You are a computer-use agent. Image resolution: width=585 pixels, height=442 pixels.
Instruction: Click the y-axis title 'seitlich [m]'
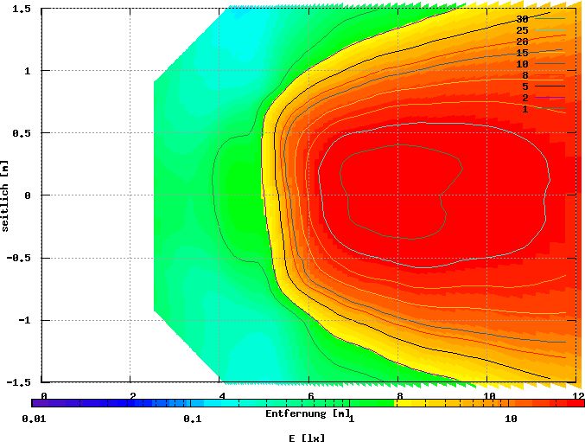click(x=6, y=195)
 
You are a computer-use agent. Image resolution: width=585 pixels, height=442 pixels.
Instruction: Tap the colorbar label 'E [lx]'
click(x=307, y=438)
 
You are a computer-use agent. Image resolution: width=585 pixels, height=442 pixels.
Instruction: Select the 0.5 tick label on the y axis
click(x=22, y=133)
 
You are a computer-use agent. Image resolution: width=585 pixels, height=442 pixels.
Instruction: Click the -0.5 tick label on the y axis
click(x=20, y=258)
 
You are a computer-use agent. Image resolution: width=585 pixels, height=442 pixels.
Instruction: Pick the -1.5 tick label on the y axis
click(x=20, y=381)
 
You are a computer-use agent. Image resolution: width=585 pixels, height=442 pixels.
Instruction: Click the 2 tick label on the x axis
click(x=132, y=396)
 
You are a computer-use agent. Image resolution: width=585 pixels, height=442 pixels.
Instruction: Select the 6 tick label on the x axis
click(x=310, y=396)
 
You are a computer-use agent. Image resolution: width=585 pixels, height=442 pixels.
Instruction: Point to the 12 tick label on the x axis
click(x=573, y=396)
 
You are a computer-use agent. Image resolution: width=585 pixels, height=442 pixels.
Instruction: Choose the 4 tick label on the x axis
click(x=221, y=396)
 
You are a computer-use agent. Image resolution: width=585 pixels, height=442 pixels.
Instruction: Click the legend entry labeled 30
click(x=522, y=19)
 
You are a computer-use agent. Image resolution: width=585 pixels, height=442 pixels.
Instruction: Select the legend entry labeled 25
click(x=522, y=30)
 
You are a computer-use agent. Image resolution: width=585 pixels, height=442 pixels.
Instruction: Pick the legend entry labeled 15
click(x=522, y=53)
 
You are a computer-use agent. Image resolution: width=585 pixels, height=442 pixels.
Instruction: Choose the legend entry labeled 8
click(x=525, y=75)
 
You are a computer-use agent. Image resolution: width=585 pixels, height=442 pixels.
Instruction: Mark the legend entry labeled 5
click(x=525, y=86)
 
